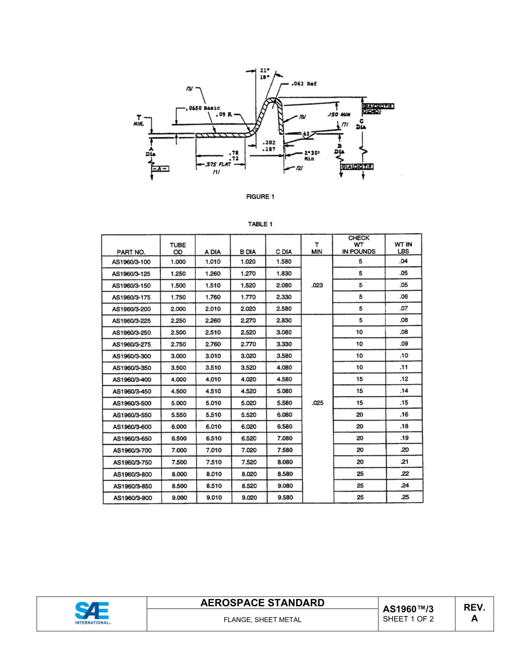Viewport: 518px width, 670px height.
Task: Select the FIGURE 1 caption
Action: (260, 197)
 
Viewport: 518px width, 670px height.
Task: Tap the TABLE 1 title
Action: (260, 224)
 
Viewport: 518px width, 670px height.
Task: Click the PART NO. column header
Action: (131, 252)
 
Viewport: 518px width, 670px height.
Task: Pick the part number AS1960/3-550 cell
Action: (131, 415)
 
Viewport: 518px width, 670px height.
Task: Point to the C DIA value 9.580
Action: (284, 497)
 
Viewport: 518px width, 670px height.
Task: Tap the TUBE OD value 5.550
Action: (178, 415)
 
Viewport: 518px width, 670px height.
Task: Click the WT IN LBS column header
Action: (403, 248)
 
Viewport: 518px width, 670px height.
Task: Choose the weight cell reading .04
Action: (403, 261)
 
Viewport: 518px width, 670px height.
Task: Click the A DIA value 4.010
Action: (213, 379)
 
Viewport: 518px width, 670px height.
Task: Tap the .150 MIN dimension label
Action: (338, 114)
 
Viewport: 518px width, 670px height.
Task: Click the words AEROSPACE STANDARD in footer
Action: (262, 603)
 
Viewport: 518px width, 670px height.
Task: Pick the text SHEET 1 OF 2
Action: (408, 619)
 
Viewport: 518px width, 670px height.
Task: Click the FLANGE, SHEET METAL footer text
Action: (262, 620)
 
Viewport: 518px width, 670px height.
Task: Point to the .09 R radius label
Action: (224, 114)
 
